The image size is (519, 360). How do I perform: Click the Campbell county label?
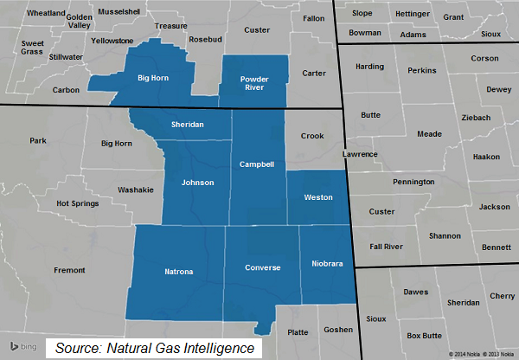(256, 164)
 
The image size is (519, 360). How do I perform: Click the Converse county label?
(262, 267)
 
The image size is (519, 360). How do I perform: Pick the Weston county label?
(318, 197)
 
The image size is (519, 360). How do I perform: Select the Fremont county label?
(69, 271)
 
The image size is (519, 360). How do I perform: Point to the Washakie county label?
(135, 189)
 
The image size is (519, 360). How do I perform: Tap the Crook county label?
(311, 136)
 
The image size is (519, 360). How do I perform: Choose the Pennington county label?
(413, 183)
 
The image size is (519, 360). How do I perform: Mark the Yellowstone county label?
(112, 40)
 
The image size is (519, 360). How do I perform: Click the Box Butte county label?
(424, 335)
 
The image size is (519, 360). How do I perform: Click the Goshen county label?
(336, 330)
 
